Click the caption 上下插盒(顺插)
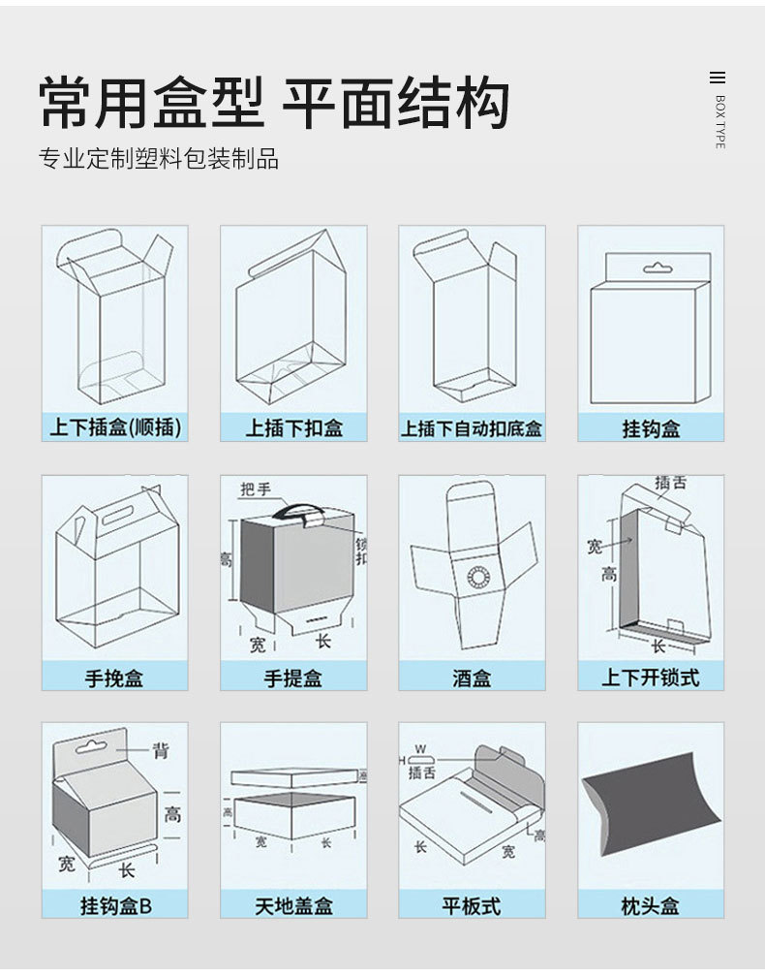[x=115, y=427]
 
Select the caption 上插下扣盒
[x=293, y=427]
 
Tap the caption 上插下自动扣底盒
[x=472, y=427]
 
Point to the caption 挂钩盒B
[x=115, y=907]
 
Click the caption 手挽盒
[x=115, y=678]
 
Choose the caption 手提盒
[x=293, y=678]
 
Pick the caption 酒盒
[x=472, y=678]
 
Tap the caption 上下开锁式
[x=650, y=678]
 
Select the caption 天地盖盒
[x=293, y=907]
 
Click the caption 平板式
[x=472, y=907]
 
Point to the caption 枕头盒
[x=650, y=907]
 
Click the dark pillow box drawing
[x=650, y=814]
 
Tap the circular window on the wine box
[x=478, y=579]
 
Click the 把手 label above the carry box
[x=256, y=489]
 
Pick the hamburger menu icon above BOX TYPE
[x=718, y=79]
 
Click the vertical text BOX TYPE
[x=719, y=122]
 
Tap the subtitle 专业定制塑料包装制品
[x=159, y=159]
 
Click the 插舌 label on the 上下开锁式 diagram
[x=670, y=482]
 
